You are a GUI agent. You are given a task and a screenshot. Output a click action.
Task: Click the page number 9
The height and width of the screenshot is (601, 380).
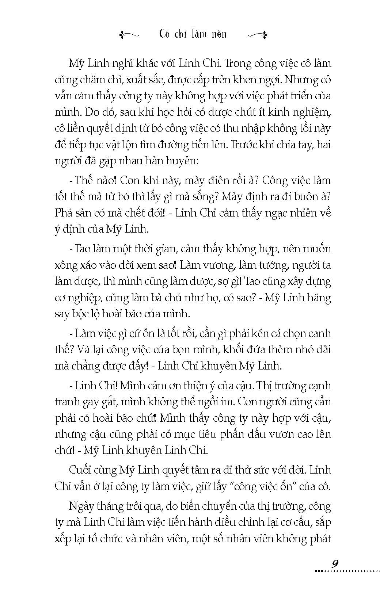point(334,563)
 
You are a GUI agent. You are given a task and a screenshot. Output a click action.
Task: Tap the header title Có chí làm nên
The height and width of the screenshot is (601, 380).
point(193,34)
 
